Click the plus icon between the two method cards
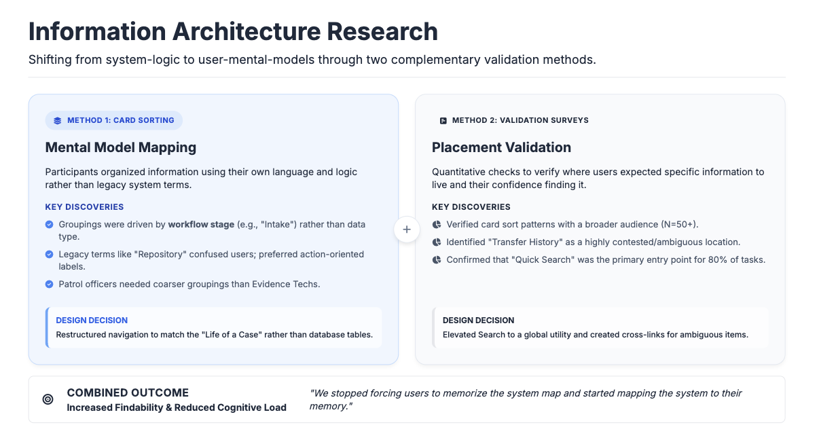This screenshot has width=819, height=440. (x=407, y=230)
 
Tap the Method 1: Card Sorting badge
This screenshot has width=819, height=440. (x=114, y=120)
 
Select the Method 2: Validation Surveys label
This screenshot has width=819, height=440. (x=520, y=120)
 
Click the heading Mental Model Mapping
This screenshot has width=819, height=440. (x=121, y=147)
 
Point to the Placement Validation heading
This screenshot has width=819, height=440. (x=501, y=147)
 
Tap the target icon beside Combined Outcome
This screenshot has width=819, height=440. (x=48, y=399)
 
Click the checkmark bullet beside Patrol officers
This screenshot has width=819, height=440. (x=49, y=284)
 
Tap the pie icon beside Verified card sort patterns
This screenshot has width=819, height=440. (x=436, y=224)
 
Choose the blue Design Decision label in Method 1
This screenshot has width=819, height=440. (x=92, y=320)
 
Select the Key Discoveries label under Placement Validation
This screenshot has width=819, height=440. (x=471, y=206)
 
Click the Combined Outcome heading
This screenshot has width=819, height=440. (x=128, y=392)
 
